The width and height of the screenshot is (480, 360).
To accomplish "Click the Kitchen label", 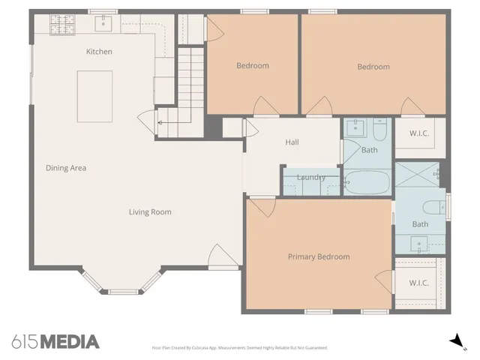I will pos(99,52).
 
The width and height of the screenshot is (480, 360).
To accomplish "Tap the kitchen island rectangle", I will pos(94,96).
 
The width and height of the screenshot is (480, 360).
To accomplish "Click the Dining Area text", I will pos(66,168).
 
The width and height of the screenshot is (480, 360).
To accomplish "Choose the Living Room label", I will pos(150,212).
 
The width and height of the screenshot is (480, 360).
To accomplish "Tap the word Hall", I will pos(292,142).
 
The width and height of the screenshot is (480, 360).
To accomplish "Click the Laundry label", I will pos(310,178).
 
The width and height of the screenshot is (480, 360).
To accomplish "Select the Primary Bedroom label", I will pos(319,257).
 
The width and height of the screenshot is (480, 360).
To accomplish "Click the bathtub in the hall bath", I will pos(367,182).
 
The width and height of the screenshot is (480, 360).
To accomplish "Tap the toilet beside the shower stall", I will pos(430,207).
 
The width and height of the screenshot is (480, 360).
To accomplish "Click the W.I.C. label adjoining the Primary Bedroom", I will pos(419,283).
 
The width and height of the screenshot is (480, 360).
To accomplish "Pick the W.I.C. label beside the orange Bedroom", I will pos(419,134).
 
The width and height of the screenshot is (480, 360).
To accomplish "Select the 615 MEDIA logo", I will pos(55,342).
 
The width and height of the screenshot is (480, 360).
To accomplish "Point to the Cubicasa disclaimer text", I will pos(239,348).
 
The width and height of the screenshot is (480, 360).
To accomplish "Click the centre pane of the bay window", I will pos(124,291).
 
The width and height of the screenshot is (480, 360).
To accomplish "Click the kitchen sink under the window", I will pos(104,23).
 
